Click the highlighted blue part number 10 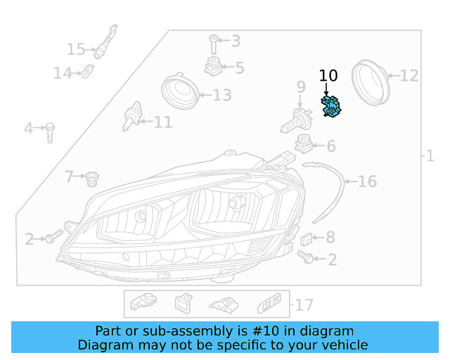pos(330,107)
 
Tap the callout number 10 pos(328,76)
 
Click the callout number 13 pos(221,95)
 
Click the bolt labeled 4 pos(50,131)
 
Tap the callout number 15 pos(75,49)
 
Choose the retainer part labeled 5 pos(213,67)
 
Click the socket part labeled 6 pos(303,143)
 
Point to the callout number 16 pos(367,182)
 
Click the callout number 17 pos(304,305)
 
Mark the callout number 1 pos(430,156)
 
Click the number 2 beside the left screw pos(30,240)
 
